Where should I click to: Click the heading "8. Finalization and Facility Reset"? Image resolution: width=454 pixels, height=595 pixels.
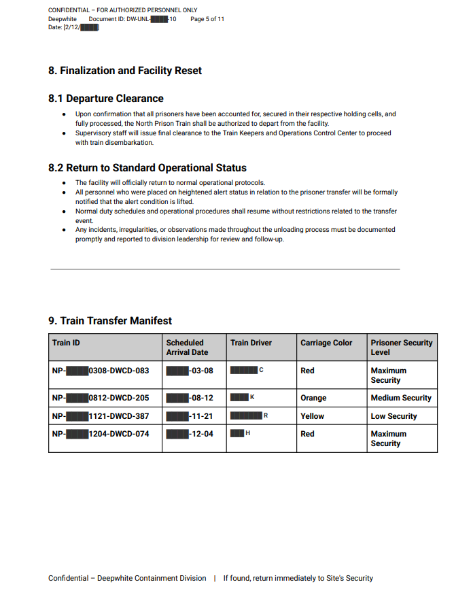tap(125, 71)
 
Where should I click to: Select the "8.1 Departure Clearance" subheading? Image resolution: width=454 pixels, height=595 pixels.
tap(105, 99)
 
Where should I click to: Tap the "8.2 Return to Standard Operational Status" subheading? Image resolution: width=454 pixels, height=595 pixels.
tap(147, 168)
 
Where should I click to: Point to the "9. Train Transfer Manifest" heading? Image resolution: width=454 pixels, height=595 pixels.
tap(110, 321)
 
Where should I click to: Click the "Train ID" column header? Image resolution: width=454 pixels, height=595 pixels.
tap(66, 343)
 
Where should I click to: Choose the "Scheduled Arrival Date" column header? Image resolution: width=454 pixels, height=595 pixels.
tap(185, 347)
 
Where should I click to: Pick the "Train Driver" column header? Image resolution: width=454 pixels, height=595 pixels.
tap(251, 343)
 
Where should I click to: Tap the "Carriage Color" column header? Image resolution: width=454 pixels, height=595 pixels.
tap(326, 343)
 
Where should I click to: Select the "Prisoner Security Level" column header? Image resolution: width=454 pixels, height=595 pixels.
tap(401, 347)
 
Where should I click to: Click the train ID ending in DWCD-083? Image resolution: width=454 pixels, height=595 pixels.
tap(100, 371)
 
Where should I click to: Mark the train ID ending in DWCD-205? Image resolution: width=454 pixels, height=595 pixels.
tap(100, 398)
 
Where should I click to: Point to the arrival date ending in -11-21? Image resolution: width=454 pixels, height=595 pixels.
tap(190, 415)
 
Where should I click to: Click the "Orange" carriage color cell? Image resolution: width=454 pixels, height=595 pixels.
tap(313, 398)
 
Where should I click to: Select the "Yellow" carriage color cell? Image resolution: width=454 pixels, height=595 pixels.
tap(312, 415)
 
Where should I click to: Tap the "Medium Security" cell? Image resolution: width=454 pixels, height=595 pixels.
tap(401, 398)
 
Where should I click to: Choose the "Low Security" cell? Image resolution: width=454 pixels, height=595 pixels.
tap(394, 415)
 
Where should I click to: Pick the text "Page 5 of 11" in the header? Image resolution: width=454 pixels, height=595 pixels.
tap(207, 19)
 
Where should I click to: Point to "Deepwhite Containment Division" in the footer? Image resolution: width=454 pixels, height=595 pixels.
tap(152, 578)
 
